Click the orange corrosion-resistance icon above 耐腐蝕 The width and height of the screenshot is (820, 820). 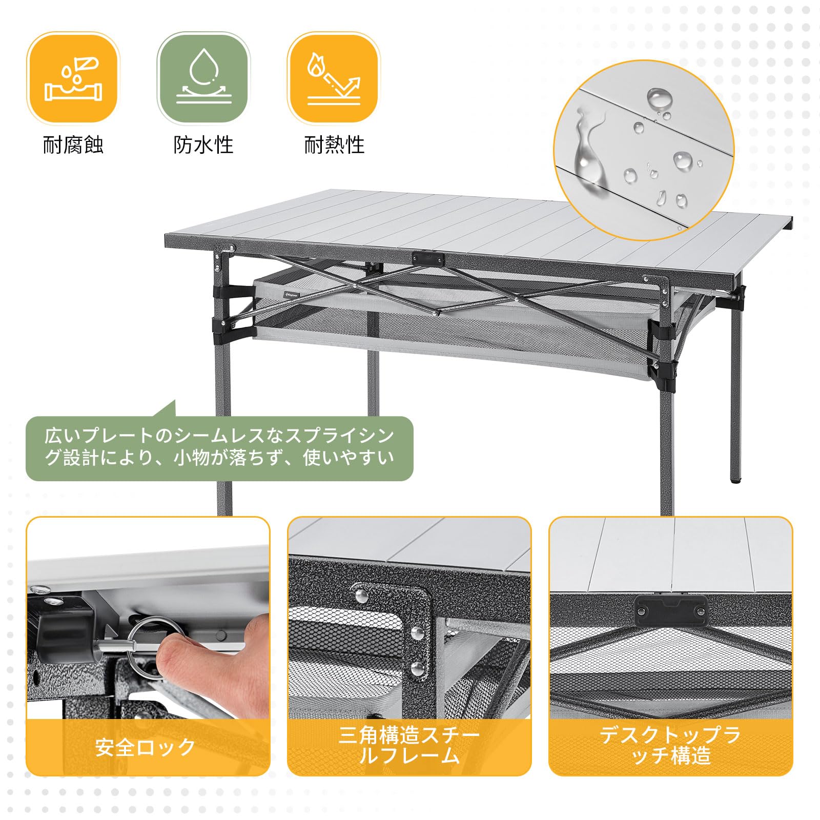[x=73, y=78]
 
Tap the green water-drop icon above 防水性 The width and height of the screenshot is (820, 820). [x=203, y=78]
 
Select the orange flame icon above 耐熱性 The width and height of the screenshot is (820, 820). [x=334, y=78]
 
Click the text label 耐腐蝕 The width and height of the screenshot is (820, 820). [x=73, y=145]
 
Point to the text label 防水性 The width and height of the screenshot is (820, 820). [x=203, y=145]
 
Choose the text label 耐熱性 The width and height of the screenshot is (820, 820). [x=334, y=145]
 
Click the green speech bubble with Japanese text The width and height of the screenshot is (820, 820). [x=219, y=447]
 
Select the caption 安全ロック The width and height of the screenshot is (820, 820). [x=146, y=747]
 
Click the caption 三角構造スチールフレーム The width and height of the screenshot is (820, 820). [x=409, y=746]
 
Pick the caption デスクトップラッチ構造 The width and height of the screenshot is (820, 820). [x=670, y=746]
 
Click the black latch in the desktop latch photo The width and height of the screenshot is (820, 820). [x=671, y=608]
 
